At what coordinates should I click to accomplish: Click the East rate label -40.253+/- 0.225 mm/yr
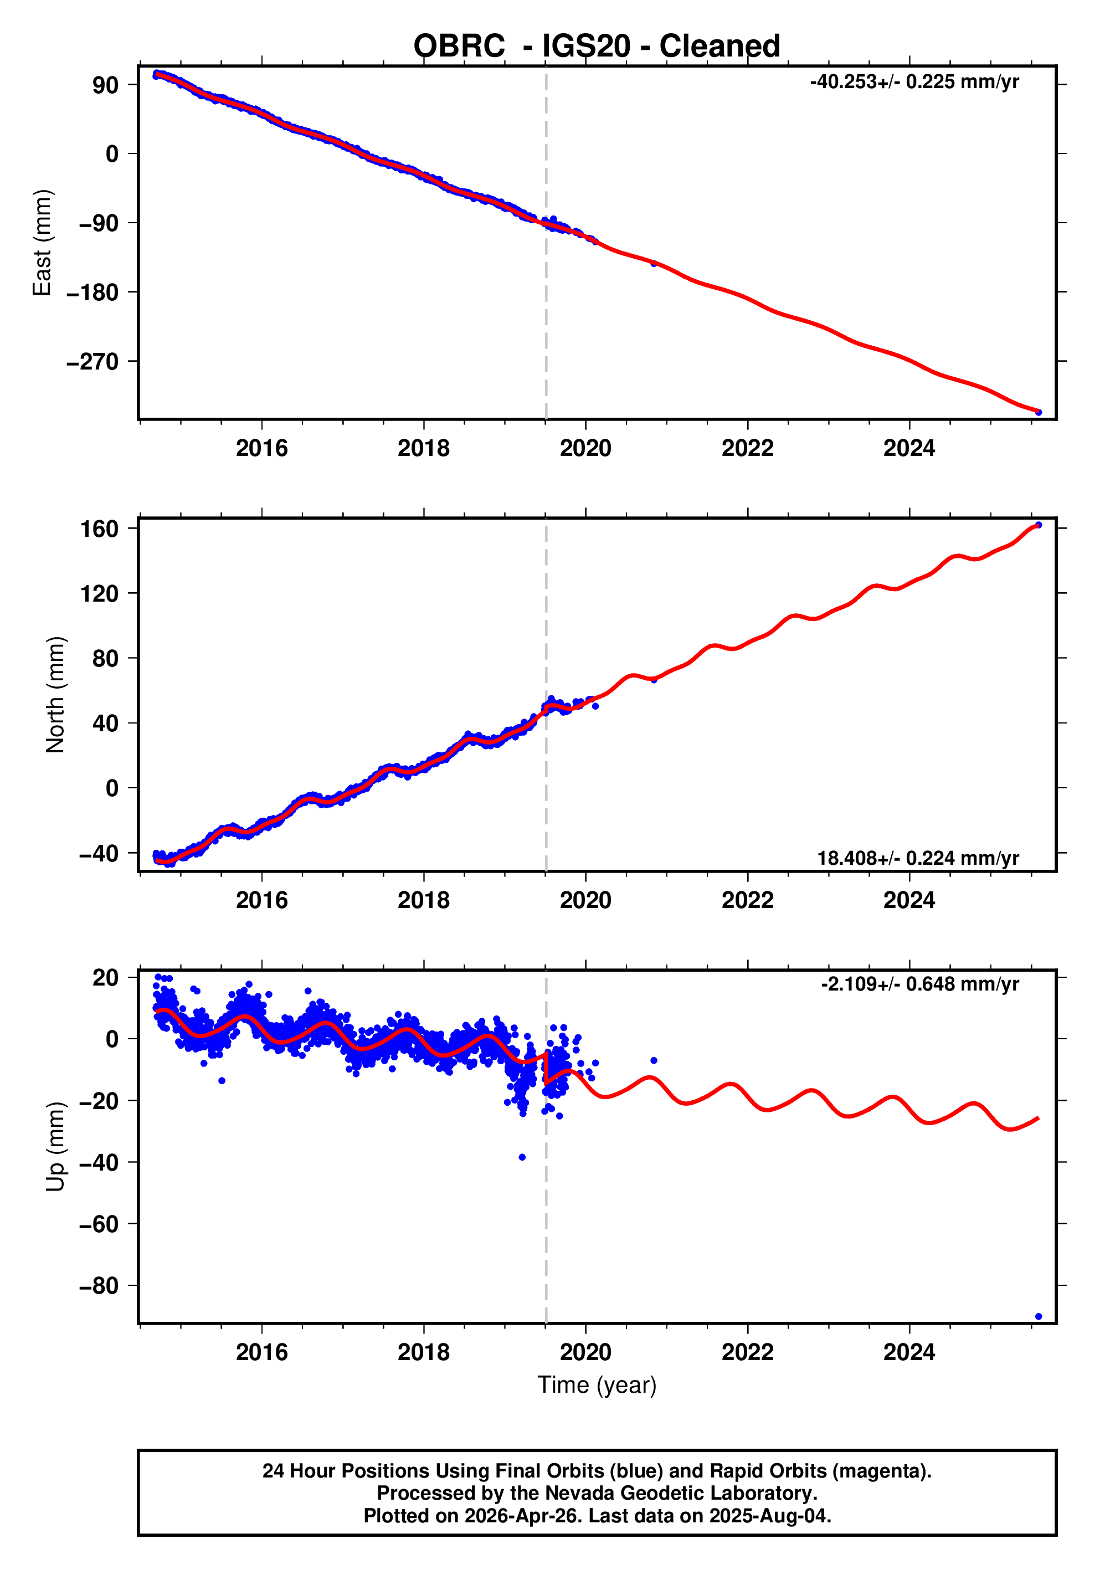click(914, 82)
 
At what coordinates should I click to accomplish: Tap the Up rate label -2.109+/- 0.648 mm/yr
click(919, 984)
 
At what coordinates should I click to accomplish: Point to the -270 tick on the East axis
click(92, 362)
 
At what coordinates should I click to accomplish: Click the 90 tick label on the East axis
click(105, 85)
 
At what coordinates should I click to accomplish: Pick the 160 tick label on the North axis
click(100, 529)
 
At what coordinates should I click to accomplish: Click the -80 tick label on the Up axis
click(99, 1286)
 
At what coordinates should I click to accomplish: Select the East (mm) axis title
click(42, 243)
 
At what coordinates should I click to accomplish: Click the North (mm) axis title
click(55, 695)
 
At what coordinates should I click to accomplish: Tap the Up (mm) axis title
click(55, 1147)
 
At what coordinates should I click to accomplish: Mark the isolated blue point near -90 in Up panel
click(1039, 1316)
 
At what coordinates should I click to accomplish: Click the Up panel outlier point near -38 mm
click(522, 1157)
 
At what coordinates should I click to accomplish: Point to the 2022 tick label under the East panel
click(747, 449)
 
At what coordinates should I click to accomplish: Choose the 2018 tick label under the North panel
click(423, 901)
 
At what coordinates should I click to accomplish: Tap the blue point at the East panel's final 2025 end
click(1039, 412)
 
